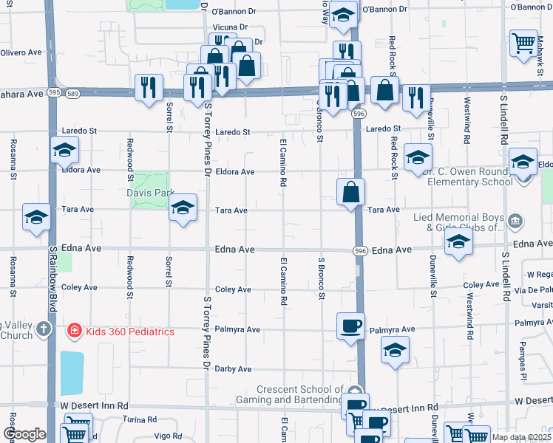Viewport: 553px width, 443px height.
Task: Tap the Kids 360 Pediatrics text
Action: [130, 332]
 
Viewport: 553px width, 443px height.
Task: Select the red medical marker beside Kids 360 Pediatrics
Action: [74, 331]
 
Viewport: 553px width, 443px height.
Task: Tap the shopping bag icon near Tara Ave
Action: [350, 192]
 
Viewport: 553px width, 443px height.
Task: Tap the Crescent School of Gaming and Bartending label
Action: [299, 395]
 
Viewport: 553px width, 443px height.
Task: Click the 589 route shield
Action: [72, 94]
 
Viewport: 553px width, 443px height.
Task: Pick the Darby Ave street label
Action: [233, 369]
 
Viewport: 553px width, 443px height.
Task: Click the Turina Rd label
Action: [141, 419]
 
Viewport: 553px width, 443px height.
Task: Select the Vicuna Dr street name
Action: [229, 27]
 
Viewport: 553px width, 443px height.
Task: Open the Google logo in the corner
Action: [24, 433]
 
